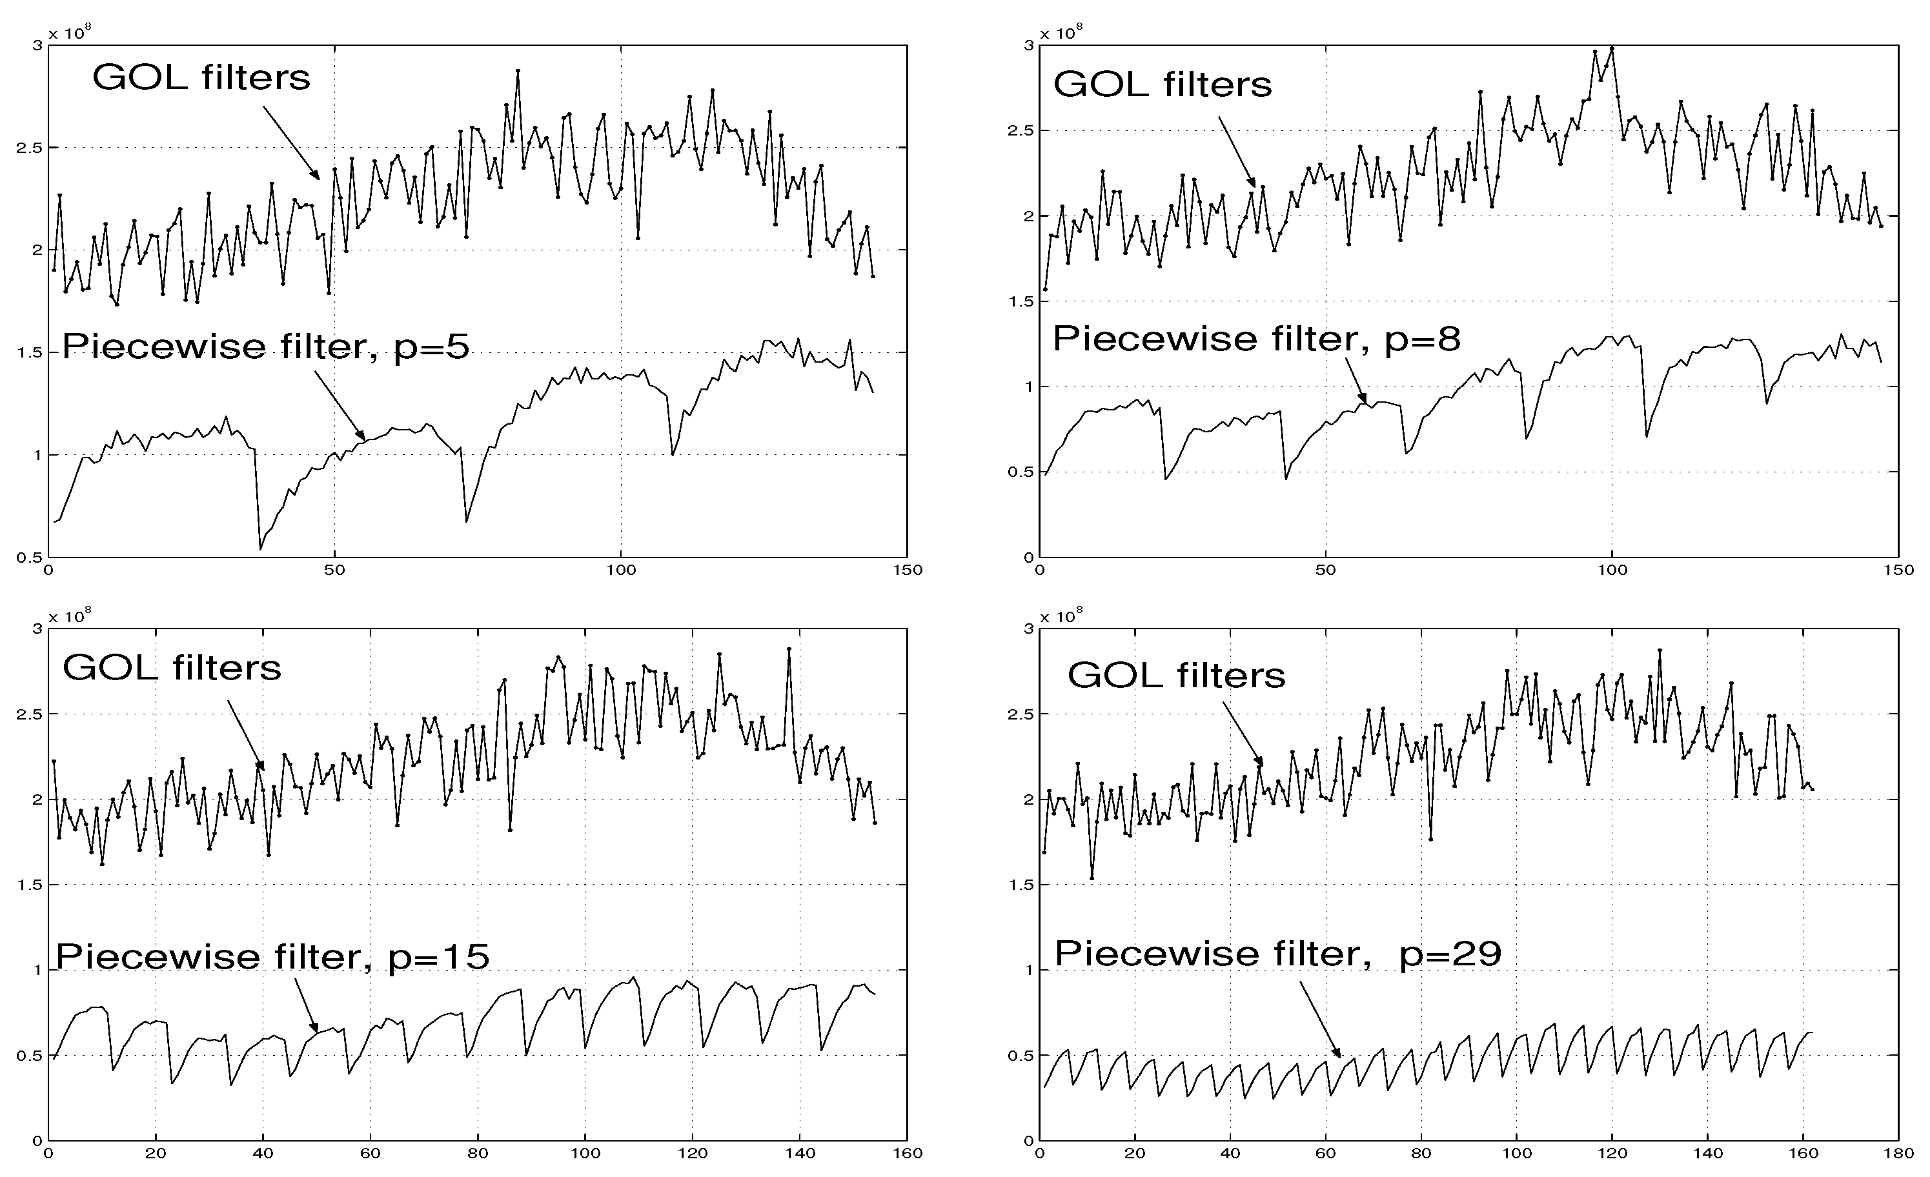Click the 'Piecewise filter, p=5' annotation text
click(x=265, y=346)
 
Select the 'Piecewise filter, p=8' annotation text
click(x=1256, y=339)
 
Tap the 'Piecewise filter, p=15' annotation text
click(x=272, y=956)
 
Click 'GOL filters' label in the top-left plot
click(x=201, y=77)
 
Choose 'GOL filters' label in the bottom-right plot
click(x=1177, y=675)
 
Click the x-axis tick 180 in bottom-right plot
click(x=1897, y=1154)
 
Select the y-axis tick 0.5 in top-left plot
click(x=34, y=558)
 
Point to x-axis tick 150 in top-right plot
click(x=1897, y=570)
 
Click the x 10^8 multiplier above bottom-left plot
click(x=70, y=616)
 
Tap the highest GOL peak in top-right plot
click(x=1612, y=48)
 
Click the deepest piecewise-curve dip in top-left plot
click(x=260, y=549)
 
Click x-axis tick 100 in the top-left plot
click(x=621, y=570)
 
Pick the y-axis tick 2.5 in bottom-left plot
click(x=34, y=714)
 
